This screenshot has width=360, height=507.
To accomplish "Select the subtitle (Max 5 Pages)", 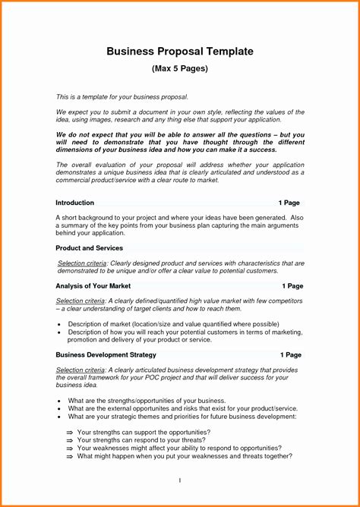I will click(180, 69).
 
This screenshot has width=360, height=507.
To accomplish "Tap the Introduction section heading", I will click(75, 203).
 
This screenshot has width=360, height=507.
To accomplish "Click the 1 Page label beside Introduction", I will click(289, 203).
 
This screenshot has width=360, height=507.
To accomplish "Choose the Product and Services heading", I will click(89, 248).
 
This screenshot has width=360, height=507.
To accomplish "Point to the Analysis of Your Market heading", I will click(93, 286).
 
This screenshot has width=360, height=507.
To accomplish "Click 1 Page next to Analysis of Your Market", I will click(292, 286).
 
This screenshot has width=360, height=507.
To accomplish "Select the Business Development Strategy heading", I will click(106, 354).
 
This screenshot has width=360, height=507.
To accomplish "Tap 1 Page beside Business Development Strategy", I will click(290, 354).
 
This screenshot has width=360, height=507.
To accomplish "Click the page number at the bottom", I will click(179, 480).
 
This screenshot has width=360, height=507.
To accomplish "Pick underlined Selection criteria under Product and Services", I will click(82, 263).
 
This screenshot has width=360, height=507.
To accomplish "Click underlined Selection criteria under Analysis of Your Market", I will click(81, 301).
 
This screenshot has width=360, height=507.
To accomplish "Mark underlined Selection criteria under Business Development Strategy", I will click(81, 370).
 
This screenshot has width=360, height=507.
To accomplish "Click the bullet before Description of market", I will click(59, 324).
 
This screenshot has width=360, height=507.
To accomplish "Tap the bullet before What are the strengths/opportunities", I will click(59, 400).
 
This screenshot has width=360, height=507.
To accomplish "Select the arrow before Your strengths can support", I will click(70, 432).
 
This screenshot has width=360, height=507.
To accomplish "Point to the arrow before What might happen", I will click(70, 456).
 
